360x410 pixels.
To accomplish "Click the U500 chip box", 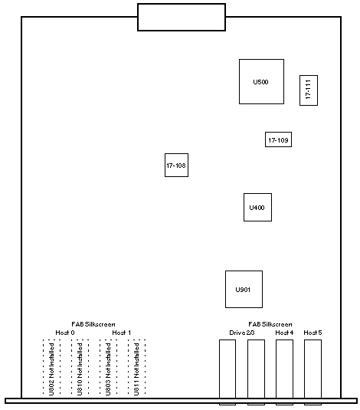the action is click(261, 81).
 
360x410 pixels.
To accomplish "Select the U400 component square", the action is click(257, 208).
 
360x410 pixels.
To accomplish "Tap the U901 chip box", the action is click(244, 289).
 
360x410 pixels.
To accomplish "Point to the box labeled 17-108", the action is click(176, 166).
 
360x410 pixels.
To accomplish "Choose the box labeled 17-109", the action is click(278, 139).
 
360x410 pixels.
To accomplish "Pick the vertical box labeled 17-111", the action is click(309, 90).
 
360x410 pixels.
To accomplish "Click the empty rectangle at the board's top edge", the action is click(182, 18).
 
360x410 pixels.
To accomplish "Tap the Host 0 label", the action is click(65, 333).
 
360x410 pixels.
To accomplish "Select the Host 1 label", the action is click(121, 333).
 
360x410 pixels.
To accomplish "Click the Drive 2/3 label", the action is click(242, 333).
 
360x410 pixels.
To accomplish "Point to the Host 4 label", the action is click(284, 333).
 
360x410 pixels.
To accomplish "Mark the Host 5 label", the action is click(313, 333).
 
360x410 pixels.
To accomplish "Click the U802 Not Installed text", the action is click(51, 369).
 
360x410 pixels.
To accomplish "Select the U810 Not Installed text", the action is click(80, 369).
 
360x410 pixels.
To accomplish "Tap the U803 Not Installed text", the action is click(108, 369).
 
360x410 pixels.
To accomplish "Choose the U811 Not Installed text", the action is click(136, 369).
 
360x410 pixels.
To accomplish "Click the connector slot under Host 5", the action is click(313, 372).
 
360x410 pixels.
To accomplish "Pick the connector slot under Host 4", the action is click(284, 372).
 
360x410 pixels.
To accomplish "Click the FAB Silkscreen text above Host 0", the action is click(93, 324).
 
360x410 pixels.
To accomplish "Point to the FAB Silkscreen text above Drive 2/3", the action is click(270, 324).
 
